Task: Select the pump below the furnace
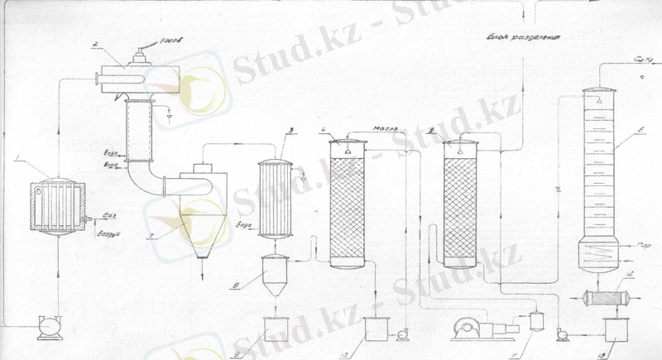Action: pos(50,326)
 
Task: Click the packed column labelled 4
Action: pos(350,203)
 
